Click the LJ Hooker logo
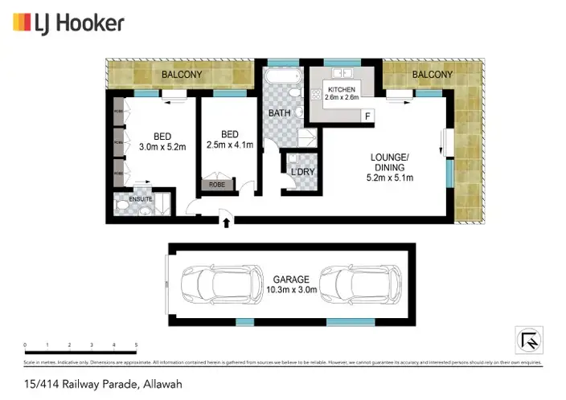pyautogui.click(x=69, y=22)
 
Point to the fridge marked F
pyautogui.click(x=368, y=116)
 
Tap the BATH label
pyautogui.click(x=279, y=113)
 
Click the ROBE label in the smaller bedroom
pyautogui.click(x=217, y=184)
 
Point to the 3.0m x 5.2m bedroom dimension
pyautogui.click(x=162, y=146)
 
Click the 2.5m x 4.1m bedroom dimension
pyautogui.click(x=230, y=145)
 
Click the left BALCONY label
pyautogui.click(x=182, y=75)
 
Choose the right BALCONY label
pyautogui.click(x=432, y=75)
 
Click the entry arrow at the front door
pyautogui.click(x=226, y=219)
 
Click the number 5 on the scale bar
pyautogui.click(x=137, y=345)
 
